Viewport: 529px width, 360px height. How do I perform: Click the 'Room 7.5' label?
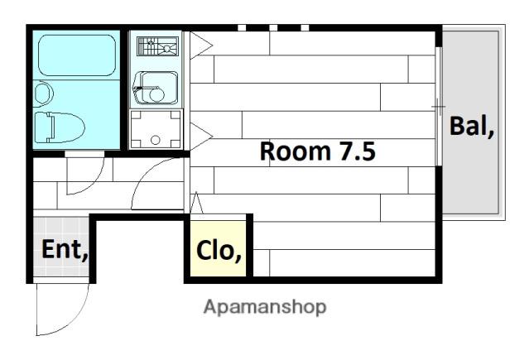pyautogui.click(x=317, y=151)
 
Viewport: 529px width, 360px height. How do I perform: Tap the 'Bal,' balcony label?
pyautogui.click(x=472, y=126)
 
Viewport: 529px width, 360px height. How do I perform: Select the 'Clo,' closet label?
pyautogui.click(x=219, y=251)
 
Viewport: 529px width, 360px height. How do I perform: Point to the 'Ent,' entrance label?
pyautogui.click(x=65, y=249)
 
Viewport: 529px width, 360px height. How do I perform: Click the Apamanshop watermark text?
pyautogui.click(x=265, y=307)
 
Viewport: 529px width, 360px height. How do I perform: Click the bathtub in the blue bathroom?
pyautogui.click(x=77, y=55)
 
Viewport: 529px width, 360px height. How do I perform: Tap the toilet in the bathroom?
pyautogui.click(x=60, y=127)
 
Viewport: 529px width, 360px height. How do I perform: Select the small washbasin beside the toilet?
pyautogui.click(x=43, y=94)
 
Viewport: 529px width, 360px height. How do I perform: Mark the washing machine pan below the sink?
pyautogui.click(x=156, y=129)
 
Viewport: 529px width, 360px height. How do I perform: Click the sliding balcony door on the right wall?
pyautogui.click(x=438, y=106)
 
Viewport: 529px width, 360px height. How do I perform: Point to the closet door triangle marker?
pyautogui.click(x=196, y=203)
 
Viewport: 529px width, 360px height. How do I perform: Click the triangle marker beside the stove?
pyautogui.click(x=201, y=46)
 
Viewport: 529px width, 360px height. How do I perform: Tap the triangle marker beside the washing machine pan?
pyautogui.click(x=201, y=137)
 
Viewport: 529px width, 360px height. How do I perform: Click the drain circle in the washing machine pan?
pyautogui.click(x=155, y=140)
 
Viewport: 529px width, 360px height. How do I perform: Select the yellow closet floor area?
pyautogui.click(x=218, y=248)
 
